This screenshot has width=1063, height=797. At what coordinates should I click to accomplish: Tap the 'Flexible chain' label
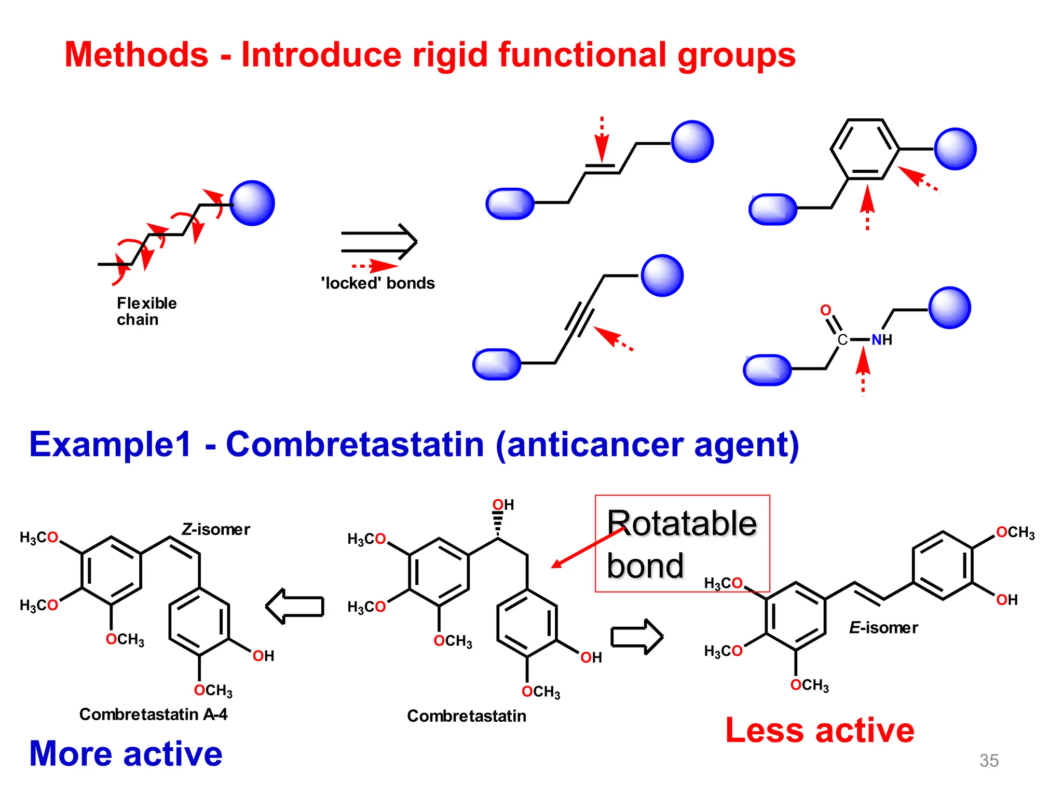point(146,311)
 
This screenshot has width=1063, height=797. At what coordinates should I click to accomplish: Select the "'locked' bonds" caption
point(378,283)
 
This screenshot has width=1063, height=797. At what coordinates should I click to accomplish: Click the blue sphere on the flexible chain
point(252,203)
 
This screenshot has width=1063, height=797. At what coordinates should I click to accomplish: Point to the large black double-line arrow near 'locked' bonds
point(379,242)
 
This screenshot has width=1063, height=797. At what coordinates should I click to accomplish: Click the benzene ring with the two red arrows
point(865,149)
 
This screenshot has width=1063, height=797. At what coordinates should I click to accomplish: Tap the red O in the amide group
point(825,310)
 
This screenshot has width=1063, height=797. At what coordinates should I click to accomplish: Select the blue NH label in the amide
point(881,340)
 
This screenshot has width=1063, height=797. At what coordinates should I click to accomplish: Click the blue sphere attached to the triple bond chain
point(662,276)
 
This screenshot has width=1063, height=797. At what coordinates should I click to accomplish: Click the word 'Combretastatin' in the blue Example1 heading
point(355,445)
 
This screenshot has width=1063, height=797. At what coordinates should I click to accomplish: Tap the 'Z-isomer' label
point(215,529)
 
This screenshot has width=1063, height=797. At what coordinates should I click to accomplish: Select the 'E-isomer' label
point(883,628)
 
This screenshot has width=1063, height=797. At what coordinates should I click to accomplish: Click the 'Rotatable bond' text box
point(682,543)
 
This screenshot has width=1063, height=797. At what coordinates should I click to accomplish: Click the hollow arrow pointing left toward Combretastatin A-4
point(295,606)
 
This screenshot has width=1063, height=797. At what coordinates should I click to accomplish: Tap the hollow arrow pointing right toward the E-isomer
point(636,637)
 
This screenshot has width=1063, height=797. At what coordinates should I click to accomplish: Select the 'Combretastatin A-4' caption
point(153,714)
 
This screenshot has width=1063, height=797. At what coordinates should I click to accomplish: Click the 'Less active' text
point(820,731)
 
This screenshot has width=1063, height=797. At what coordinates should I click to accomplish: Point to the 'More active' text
point(126,753)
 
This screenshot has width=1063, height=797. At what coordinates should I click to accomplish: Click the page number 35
point(989,761)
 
